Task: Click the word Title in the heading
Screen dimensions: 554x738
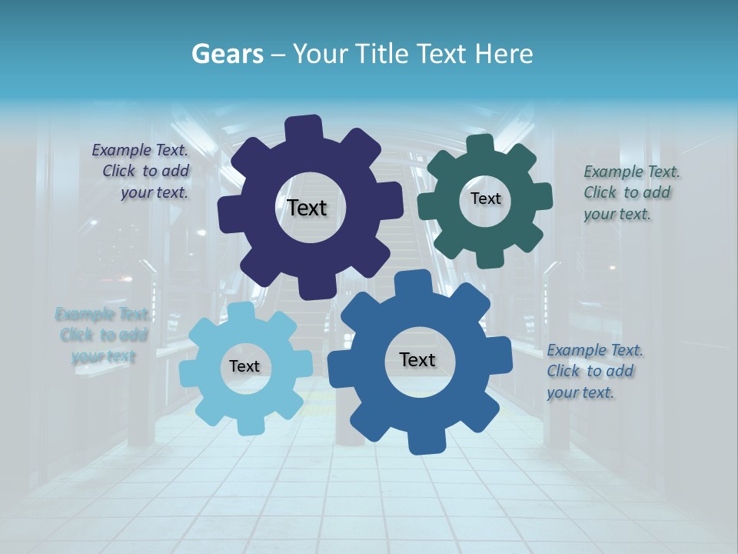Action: (x=381, y=54)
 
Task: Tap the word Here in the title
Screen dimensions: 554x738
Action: (x=504, y=54)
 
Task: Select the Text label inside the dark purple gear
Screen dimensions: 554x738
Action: (x=307, y=208)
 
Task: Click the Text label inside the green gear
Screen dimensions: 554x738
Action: (x=485, y=199)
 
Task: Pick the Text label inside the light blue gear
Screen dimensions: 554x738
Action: (x=244, y=366)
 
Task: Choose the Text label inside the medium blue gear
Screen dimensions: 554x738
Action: (x=417, y=359)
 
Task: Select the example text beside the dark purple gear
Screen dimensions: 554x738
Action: (x=141, y=172)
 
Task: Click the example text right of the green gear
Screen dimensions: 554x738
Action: (x=631, y=192)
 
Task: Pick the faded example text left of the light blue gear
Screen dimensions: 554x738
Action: (x=101, y=335)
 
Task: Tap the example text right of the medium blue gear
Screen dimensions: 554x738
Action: (x=595, y=371)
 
